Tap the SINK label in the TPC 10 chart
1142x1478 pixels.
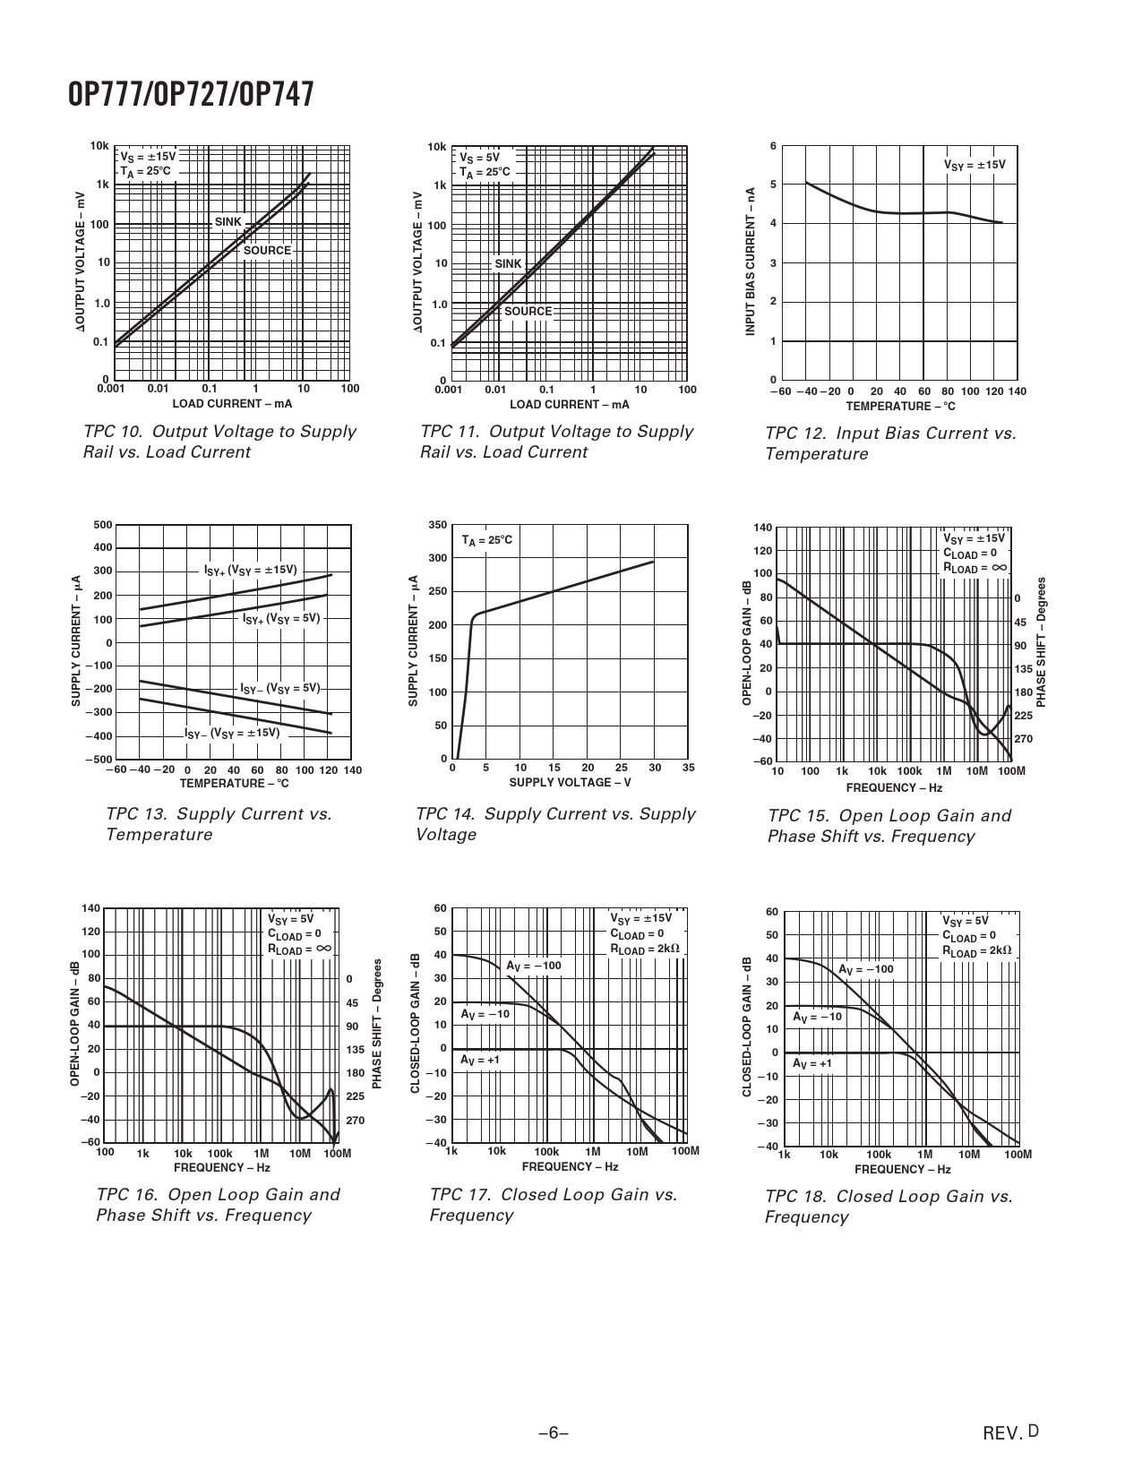click(x=228, y=222)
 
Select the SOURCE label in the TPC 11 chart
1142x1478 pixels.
click(x=528, y=312)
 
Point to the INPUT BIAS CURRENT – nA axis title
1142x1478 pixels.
click(x=751, y=262)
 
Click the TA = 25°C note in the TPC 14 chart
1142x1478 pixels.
click(x=486, y=541)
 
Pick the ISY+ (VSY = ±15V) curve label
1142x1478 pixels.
click(x=250, y=571)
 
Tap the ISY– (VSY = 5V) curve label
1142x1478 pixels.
click(x=279, y=689)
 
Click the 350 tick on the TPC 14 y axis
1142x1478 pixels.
click(x=437, y=525)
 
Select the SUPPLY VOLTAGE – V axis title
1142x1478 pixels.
click(x=570, y=783)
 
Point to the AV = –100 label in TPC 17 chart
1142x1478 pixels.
click(x=533, y=966)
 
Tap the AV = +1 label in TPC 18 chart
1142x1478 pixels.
click(x=811, y=1063)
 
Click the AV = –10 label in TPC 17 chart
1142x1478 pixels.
click(x=485, y=1014)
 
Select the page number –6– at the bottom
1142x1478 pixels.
click(x=554, y=1432)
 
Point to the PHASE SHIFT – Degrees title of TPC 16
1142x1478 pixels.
click(x=378, y=1024)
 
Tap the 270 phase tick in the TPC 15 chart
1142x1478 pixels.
click(x=1023, y=739)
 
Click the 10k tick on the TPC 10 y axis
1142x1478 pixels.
click(x=99, y=147)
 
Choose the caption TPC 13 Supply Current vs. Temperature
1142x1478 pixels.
click(x=219, y=824)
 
